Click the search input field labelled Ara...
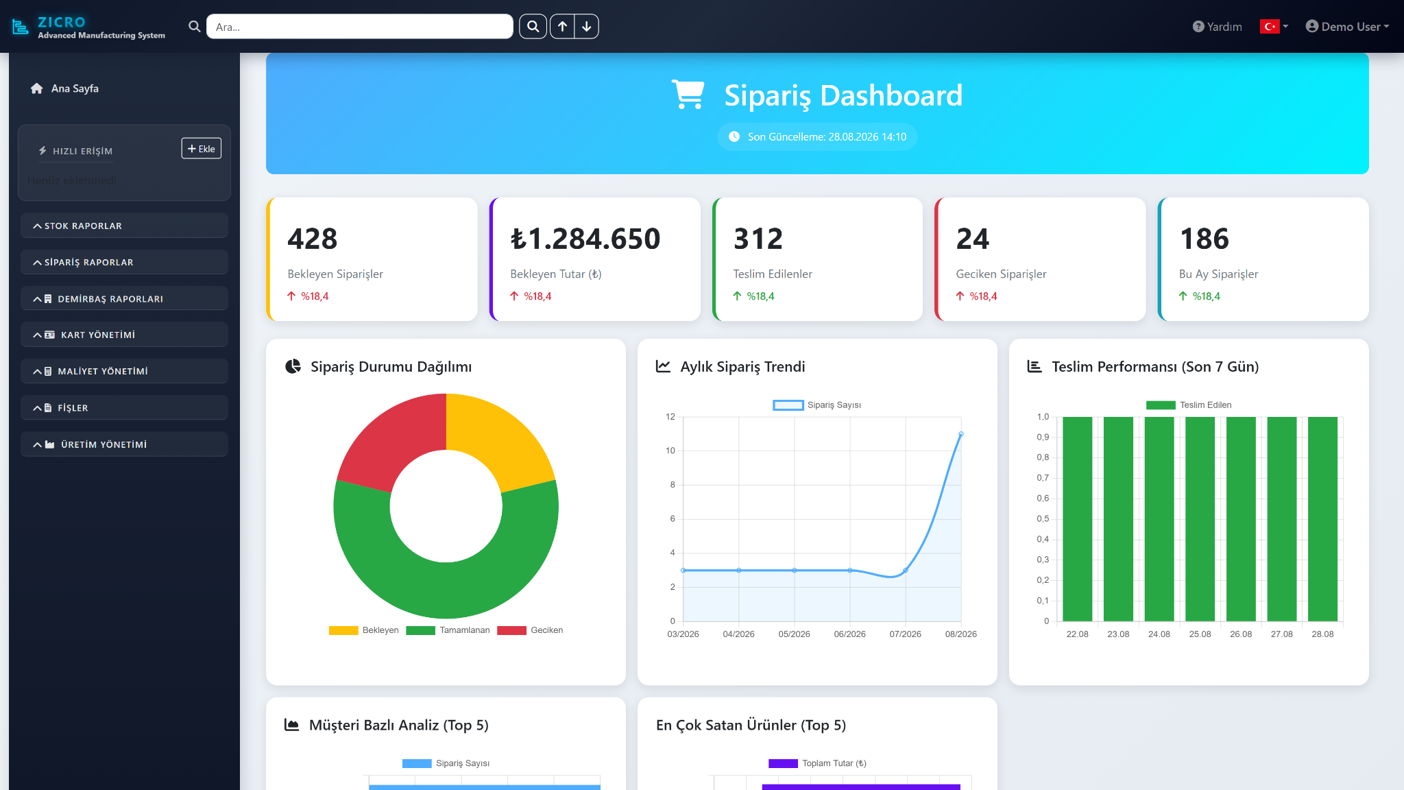[x=359, y=27]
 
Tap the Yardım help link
[x=1217, y=27]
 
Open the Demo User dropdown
[x=1347, y=27]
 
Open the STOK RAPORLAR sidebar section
[x=124, y=226]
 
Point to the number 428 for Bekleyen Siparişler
[x=313, y=239]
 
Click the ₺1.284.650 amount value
[x=585, y=239]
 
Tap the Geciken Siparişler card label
[x=1001, y=274]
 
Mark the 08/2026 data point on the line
[x=961, y=434]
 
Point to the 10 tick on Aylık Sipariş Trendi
[x=670, y=451]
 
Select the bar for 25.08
[x=1200, y=519]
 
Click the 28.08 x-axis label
[x=1322, y=634]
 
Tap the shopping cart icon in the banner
[x=688, y=95]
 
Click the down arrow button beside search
[x=587, y=27]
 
